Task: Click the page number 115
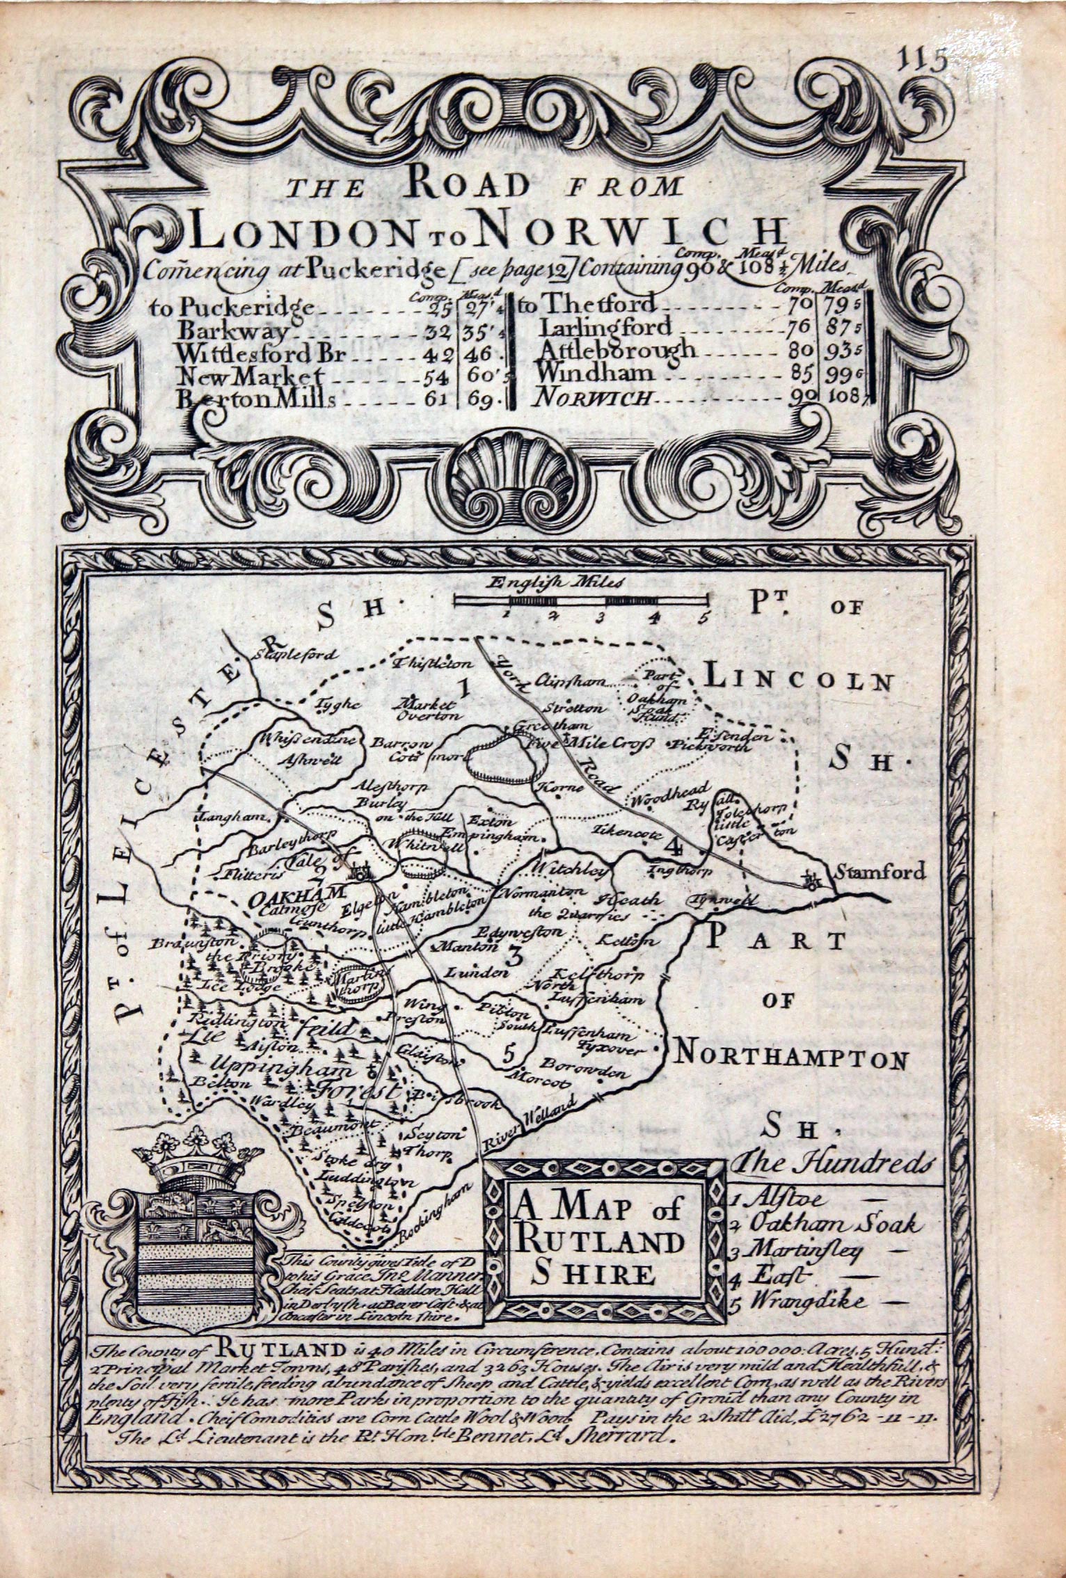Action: click(x=923, y=61)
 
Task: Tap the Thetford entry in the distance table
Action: click(x=596, y=303)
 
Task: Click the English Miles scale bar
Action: click(x=582, y=600)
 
